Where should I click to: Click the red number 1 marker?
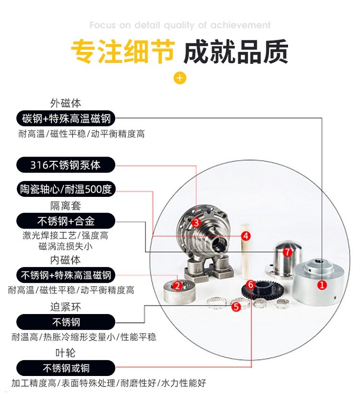[322, 285]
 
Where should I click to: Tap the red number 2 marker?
[178, 286]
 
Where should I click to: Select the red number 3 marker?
[196, 223]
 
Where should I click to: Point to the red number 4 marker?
[245, 236]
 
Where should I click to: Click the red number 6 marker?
[251, 285]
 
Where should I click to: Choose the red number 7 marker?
[287, 252]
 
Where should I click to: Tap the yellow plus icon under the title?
[180, 78]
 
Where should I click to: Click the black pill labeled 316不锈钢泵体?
[66, 165]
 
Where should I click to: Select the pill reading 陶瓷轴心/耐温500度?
[66, 189]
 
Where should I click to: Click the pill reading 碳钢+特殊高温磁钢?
[66, 119]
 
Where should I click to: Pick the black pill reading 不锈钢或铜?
[66, 368]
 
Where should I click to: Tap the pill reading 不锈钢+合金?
[66, 221]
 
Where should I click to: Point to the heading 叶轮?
[66, 353]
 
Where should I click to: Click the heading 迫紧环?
[66, 307]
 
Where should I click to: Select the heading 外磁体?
[66, 103]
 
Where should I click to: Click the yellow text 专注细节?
[123, 51]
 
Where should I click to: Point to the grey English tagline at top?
[180, 25]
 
